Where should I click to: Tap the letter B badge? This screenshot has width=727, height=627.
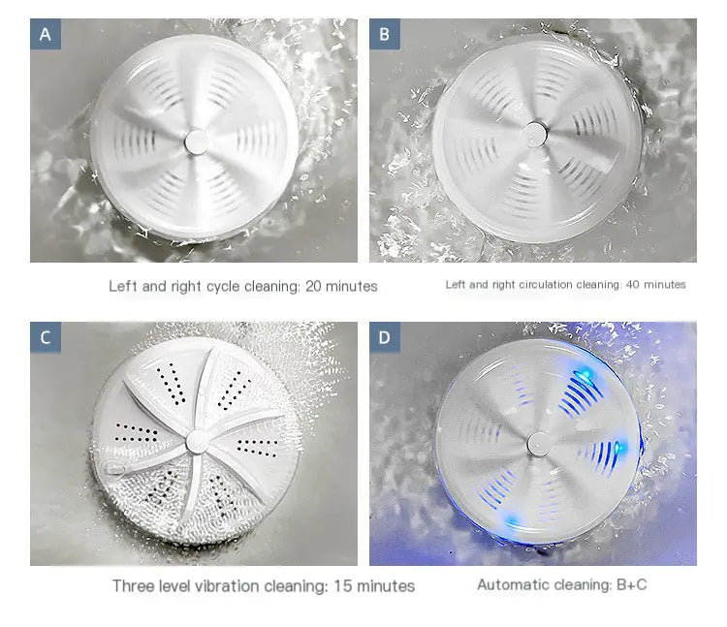pyautogui.click(x=385, y=35)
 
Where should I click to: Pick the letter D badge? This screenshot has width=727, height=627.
pyautogui.click(x=385, y=337)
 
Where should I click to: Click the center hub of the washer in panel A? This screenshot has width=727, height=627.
pyautogui.click(x=195, y=140)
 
